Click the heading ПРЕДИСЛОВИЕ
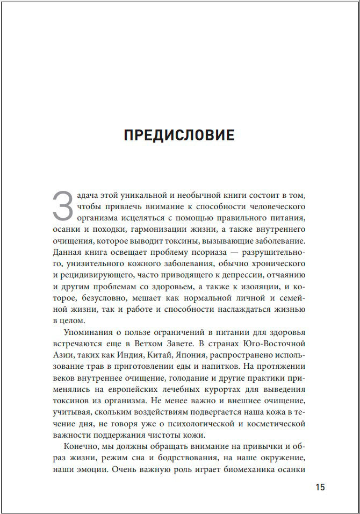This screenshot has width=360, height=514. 179,135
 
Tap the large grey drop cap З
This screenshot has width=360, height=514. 62,205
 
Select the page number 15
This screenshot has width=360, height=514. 320,488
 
